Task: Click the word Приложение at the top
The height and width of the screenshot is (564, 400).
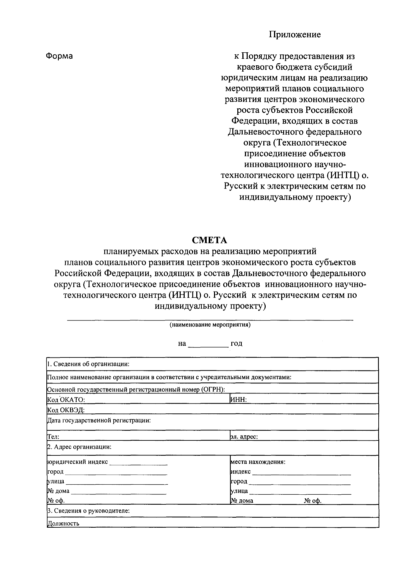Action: (295, 35)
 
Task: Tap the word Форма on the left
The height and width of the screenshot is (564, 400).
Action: (59, 56)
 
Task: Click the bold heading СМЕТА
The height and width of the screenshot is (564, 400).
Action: (209, 240)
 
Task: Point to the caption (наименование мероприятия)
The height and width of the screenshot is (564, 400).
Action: (210, 324)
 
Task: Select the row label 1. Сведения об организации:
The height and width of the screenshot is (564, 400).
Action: (88, 364)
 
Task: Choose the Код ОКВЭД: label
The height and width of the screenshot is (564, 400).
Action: (66, 410)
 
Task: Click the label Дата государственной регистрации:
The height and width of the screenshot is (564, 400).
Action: (99, 420)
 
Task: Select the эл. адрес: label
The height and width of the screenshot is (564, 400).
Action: (244, 437)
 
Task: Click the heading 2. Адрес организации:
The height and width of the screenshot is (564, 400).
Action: (79, 447)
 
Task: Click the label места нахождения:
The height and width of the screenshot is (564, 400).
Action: (258, 462)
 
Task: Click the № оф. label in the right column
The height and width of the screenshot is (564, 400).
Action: (313, 501)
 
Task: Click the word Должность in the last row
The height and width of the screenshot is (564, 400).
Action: (63, 523)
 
